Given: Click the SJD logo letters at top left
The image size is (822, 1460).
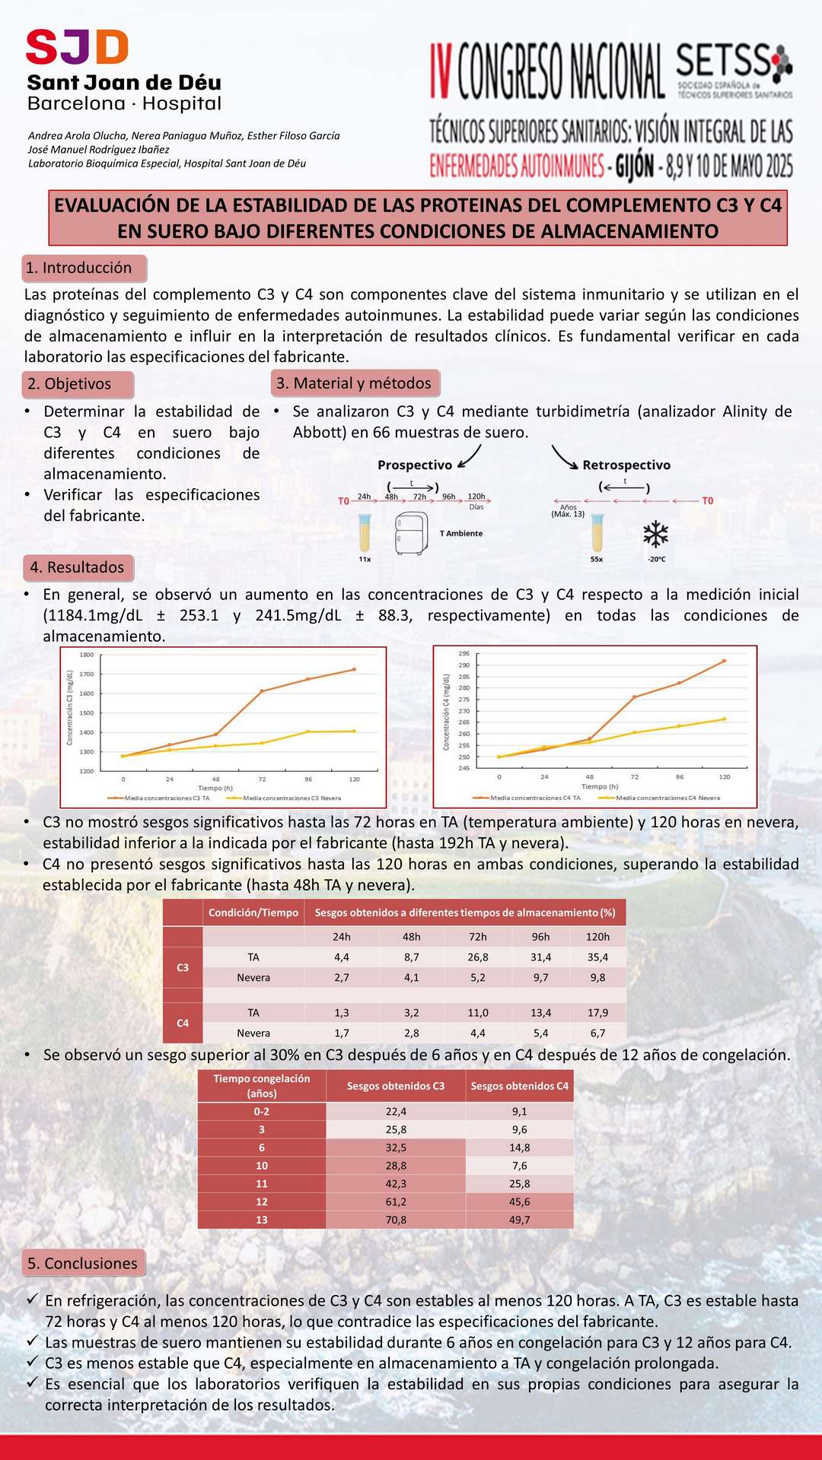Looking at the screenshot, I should point(77,47).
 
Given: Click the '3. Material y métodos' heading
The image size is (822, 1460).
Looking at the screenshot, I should point(355,383).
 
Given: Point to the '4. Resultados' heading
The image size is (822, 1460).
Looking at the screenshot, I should point(77,567).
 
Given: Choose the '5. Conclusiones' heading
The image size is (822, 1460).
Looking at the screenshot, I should point(83,1263).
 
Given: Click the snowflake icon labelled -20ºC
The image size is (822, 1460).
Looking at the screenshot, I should point(655,535).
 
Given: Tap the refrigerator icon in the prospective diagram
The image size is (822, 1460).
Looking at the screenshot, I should point(411,533).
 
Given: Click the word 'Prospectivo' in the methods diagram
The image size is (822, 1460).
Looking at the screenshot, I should point(415,465).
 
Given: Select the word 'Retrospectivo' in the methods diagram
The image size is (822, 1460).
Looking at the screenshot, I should point(626,465).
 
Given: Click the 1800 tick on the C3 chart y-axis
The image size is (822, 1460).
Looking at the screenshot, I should point(87,655).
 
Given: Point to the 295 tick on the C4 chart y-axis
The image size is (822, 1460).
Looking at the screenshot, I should point(464,654).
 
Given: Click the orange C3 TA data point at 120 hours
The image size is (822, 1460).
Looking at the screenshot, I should point(354,669).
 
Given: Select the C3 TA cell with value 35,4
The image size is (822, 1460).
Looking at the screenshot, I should point(597,957).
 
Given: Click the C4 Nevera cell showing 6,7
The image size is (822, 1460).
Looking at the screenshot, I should point(597,1033).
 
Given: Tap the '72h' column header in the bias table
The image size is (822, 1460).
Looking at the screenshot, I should point(478,937).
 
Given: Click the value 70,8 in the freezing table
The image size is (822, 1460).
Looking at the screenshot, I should point(396,1220).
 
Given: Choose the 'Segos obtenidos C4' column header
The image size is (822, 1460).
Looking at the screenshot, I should point(519,1086).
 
